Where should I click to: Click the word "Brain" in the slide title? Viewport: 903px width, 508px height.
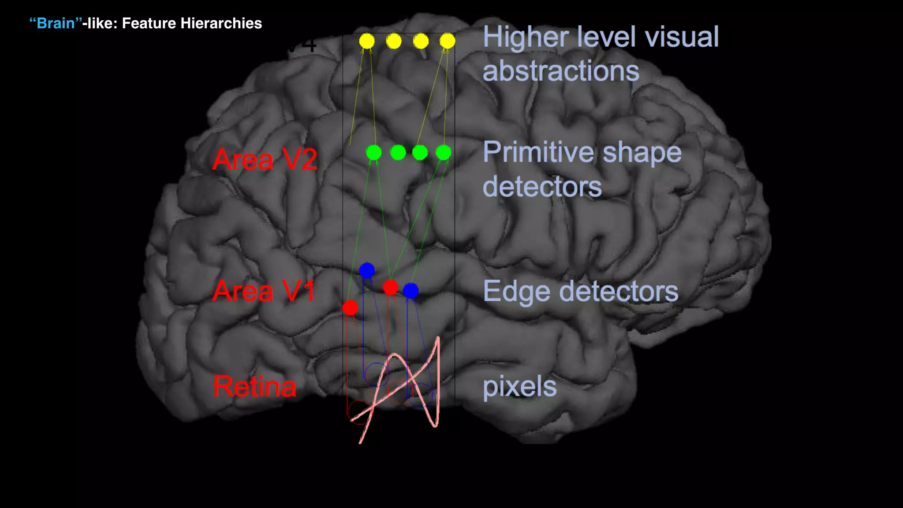pyautogui.click(x=56, y=23)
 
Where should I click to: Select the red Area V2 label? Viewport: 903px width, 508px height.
pyautogui.click(x=265, y=160)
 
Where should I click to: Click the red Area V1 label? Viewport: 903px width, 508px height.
pyautogui.click(x=264, y=291)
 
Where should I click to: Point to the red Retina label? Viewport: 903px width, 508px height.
pyautogui.click(x=255, y=387)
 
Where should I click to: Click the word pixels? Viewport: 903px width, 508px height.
pyautogui.click(x=519, y=387)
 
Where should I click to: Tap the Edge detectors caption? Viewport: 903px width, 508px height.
pyautogui.click(x=581, y=291)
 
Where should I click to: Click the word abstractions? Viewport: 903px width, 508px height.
pyautogui.click(x=561, y=71)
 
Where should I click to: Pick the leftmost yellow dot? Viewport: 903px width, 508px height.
pyautogui.click(x=367, y=41)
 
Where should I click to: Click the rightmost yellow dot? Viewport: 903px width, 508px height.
pyautogui.click(x=447, y=41)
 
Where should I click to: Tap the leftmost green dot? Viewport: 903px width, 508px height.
pyautogui.click(x=373, y=153)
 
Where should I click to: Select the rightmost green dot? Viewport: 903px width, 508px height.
pyautogui.click(x=443, y=153)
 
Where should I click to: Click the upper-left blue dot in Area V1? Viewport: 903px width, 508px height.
pyautogui.click(x=367, y=270)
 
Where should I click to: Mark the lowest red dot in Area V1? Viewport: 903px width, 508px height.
pyautogui.click(x=351, y=307)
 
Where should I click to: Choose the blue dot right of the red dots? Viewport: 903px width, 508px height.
pyautogui.click(x=410, y=291)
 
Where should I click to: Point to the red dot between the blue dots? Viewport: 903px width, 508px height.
pyautogui.click(x=391, y=288)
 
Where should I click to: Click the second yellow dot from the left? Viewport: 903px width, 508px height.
pyautogui.click(x=394, y=41)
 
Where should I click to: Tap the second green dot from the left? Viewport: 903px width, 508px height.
pyautogui.click(x=398, y=153)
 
